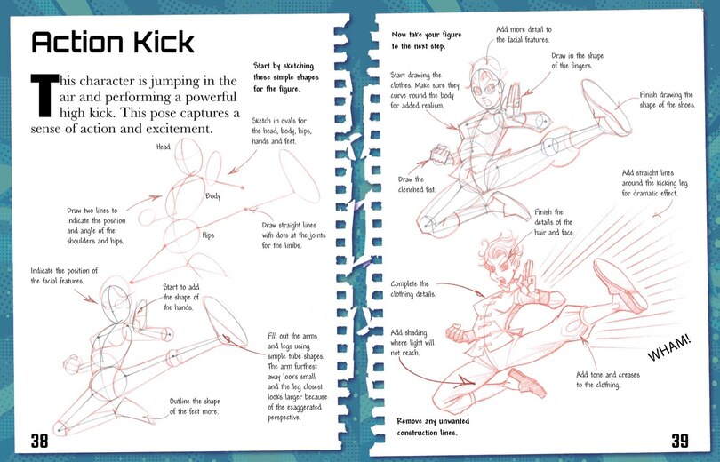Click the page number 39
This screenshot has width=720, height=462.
click(x=680, y=439)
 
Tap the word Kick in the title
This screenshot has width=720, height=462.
click(x=158, y=42)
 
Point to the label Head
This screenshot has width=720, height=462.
click(x=164, y=147)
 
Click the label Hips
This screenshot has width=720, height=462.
click(x=210, y=235)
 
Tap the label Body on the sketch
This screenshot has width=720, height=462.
click(x=212, y=195)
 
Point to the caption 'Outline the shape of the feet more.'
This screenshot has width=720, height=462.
click(x=205, y=406)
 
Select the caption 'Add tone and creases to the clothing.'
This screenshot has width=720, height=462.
click(x=610, y=379)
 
